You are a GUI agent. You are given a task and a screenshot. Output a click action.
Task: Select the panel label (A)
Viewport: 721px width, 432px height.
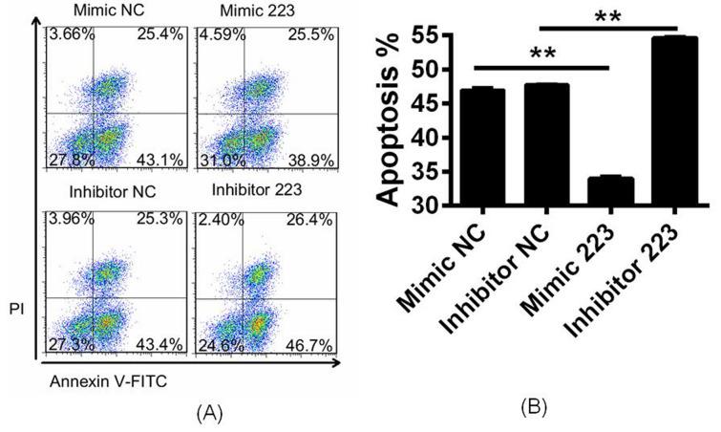pyautogui.click(x=210, y=414)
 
